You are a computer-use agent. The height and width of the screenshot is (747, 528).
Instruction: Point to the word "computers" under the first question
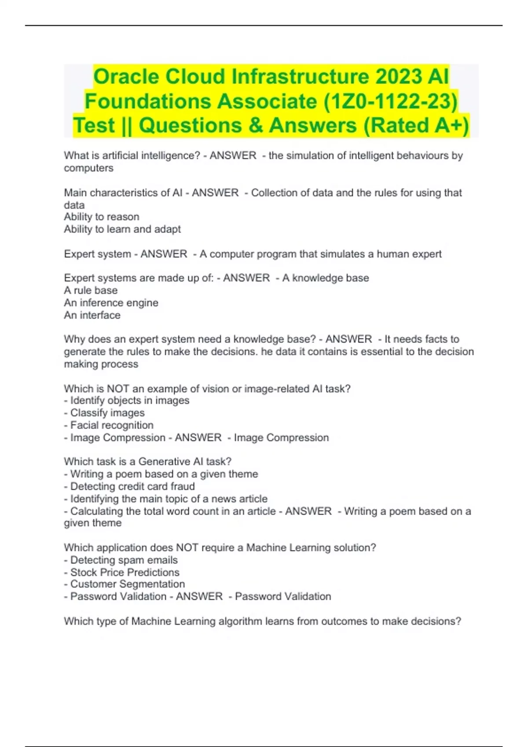[x=88, y=168]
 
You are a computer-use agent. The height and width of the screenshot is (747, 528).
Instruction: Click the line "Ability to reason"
[x=102, y=217]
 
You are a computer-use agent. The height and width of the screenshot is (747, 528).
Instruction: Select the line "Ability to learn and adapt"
[x=122, y=229]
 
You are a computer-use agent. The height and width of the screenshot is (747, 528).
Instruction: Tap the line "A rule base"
[x=91, y=290]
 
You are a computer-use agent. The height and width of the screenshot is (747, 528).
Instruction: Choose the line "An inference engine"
[x=111, y=303]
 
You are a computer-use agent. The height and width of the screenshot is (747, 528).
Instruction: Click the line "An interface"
[x=92, y=315]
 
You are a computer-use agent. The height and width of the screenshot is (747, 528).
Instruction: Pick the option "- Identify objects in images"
[x=127, y=401]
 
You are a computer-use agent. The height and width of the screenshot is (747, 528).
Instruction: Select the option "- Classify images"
[x=104, y=413]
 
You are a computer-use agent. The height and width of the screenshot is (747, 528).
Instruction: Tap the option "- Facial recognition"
[x=109, y=425]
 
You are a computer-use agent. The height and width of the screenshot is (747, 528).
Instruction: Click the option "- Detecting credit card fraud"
[x=129, y=486]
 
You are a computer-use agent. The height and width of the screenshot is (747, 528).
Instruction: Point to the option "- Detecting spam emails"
[x=121, y=560]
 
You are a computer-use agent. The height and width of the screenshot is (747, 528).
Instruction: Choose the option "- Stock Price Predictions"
[x=122, y=573]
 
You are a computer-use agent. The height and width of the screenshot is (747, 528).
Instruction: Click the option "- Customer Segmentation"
[x=125, y=584]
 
